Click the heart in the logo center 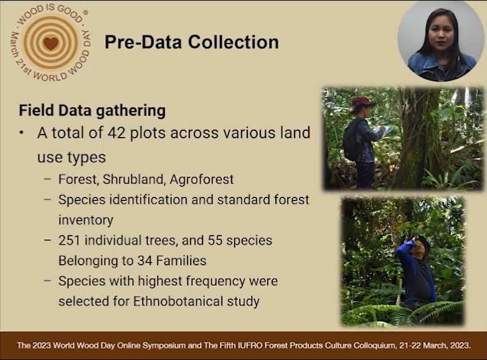pyautogui.click(x=50, y=43)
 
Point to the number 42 pyautogui.click(x=116, y=133)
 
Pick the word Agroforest pyautogui.click(x=202, y=179)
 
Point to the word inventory pyautogui.click(x=86, y=220)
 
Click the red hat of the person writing pyautogui.click(x=362, y=102)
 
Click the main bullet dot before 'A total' pyautogui.click(x=21, y=133)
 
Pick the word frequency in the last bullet pyautogui.click(x=211, y=282)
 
